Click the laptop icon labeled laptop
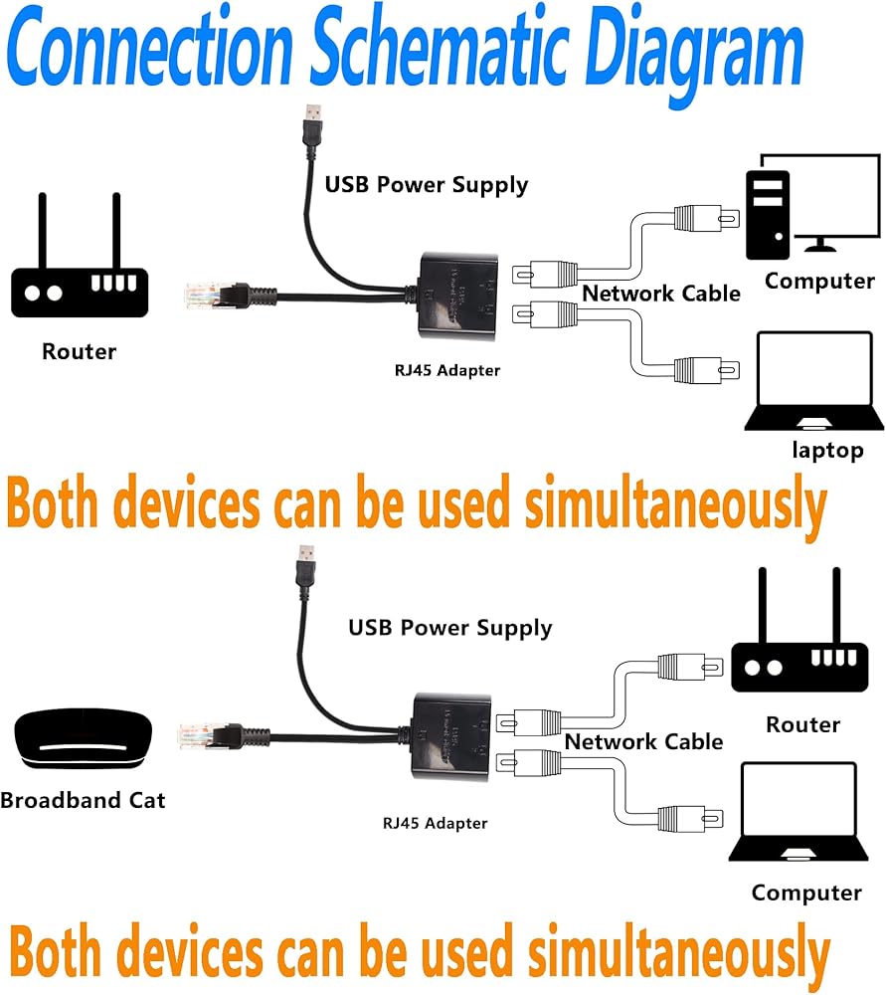(814, 383)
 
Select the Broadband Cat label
(83, 800)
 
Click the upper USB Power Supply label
(427, 184)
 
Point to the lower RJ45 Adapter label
(436, 823)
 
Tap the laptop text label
(827, 450)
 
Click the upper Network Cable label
(661, 294)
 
